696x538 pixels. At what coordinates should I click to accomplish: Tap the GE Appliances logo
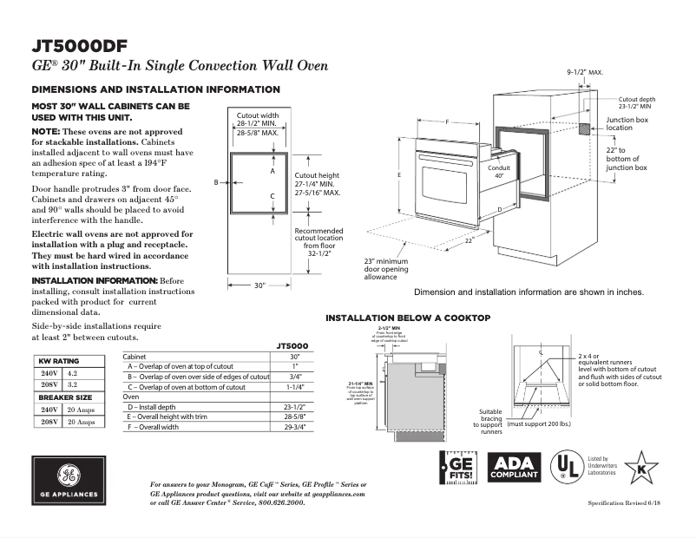click(x=69, y=481)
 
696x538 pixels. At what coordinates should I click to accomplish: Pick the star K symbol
click(x=641, y=468)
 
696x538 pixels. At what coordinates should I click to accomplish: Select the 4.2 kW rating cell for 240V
click(x=73, y=372)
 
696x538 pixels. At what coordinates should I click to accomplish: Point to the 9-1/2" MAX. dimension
click(x=585, y=72)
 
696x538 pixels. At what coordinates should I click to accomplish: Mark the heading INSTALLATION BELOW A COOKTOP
click(x=408, y=318)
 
